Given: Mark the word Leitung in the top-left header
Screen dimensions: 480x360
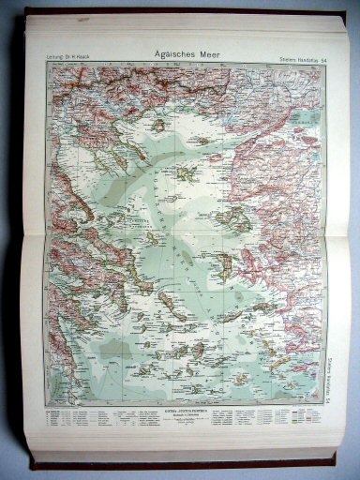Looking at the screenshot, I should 43,63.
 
